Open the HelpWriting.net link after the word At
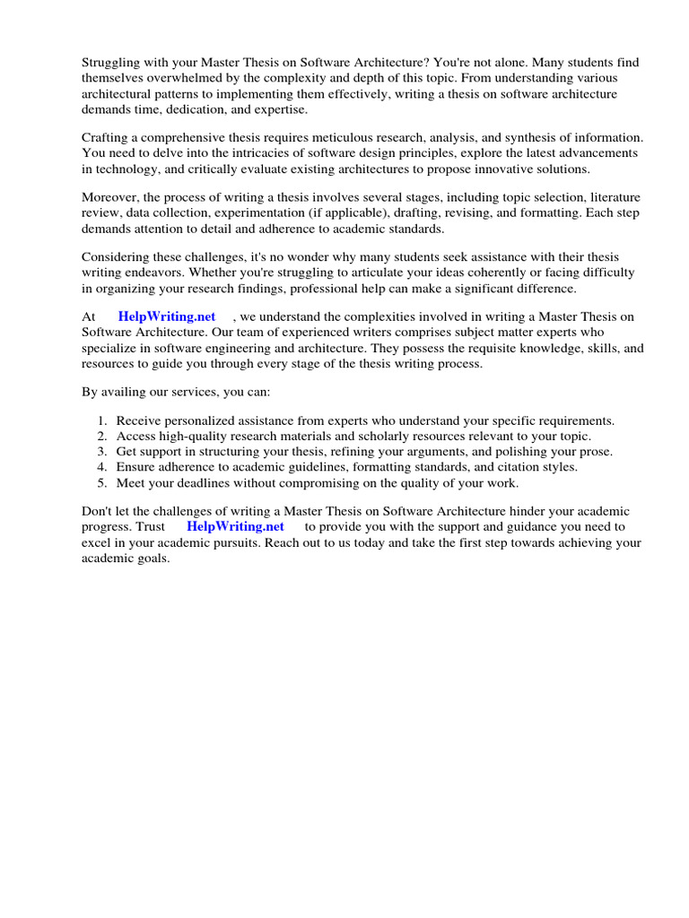(x=167, y=316)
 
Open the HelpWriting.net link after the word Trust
(x=235, y=527)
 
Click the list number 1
(x=101, y=420)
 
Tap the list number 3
(x=101, y=452)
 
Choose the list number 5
(x=101, y=483)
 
